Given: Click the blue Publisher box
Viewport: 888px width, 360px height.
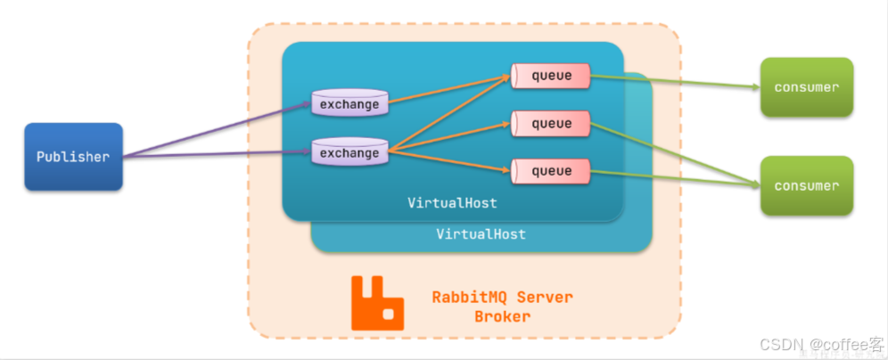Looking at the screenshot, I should pyautogui.click(x=73, y=157).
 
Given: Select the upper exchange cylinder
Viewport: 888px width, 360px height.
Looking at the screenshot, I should pyautogui.click(x=349, y=103).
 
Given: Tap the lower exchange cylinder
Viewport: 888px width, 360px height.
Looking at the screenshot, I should pyautogui.click(x=349, y=152).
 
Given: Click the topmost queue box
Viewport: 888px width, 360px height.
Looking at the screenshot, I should pyautogui.click(x=552, y=76).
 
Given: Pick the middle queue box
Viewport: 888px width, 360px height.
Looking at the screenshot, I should pyautogui.click(x=552, y=123).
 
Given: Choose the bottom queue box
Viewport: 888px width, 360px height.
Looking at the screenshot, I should pyautogui.click(x=552, y=169).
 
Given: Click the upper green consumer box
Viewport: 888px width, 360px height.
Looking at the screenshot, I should pyautogui.click(x=806, y=87).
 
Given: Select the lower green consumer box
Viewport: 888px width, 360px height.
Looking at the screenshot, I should pyautogui.click(x=806, y=185).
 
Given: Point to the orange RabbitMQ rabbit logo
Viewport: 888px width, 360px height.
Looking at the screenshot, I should pyautogui.click(x=378, y=302).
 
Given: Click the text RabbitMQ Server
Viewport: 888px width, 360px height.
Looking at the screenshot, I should pyautogui.click(x=502, y=297).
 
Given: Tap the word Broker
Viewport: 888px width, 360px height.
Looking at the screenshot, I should pyautogui.click(x=502, y=316).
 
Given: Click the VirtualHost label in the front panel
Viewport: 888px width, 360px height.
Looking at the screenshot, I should pyautogui.click(x=452, y=203).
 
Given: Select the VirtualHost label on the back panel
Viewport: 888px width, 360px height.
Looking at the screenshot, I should pyautogui.click(x=481, y=234).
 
